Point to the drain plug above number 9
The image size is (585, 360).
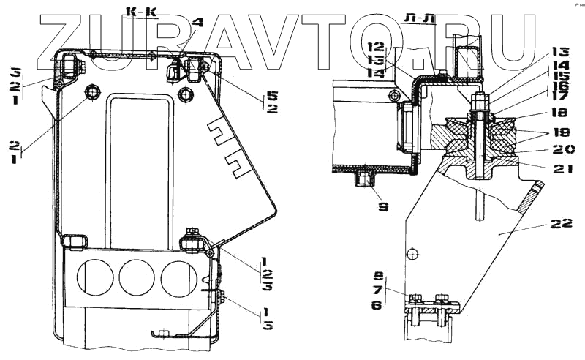point(363,177)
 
